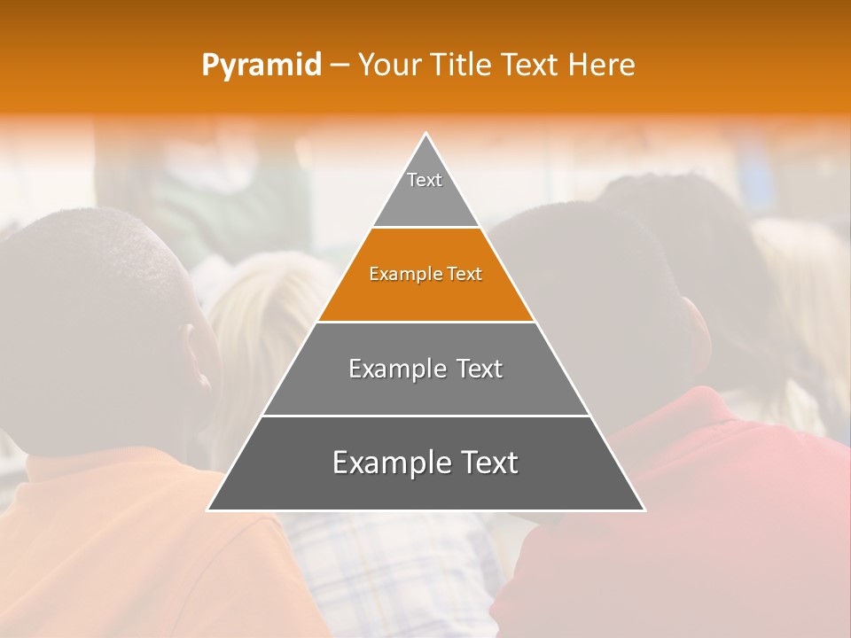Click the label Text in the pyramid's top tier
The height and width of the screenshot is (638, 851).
[x=425, y=180]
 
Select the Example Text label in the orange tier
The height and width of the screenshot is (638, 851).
[x=425, y=274]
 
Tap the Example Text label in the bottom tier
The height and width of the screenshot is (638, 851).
[x=425, y=463]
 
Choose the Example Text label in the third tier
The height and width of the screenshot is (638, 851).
[x=425, y=369]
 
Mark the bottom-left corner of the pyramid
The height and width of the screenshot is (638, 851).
[x=208, y=510]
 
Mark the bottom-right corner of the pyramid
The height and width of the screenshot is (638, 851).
[x=644, y=510]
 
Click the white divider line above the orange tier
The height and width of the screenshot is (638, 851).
[x=425, y=228]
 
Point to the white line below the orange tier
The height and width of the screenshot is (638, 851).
[x=425, y=322]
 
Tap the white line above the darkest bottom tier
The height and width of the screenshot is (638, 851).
[x=425, y=416]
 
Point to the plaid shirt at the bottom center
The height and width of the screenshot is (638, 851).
[x=399, y=567]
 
